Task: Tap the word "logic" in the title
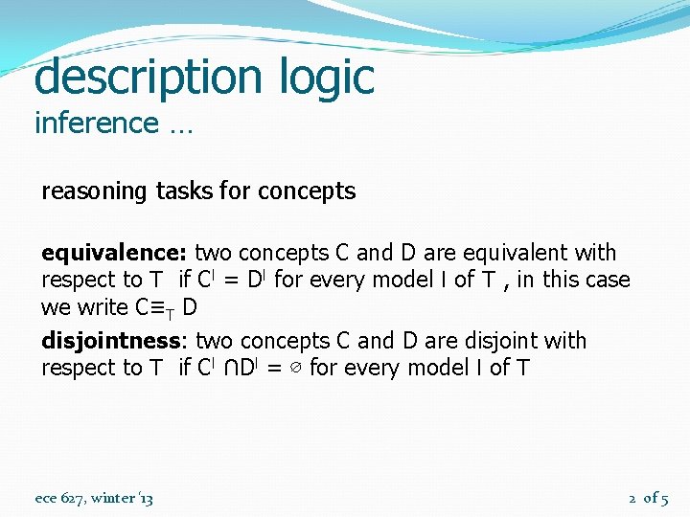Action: click(322, 77)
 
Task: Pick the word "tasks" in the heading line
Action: click(184, 191)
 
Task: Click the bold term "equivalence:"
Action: click(115, 254)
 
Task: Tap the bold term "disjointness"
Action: click(111, 342)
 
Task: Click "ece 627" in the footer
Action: click(58, 498)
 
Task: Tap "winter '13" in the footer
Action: click(121, 498)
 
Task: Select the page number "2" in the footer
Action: click(632, 498)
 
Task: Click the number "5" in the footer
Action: click(664, 498)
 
